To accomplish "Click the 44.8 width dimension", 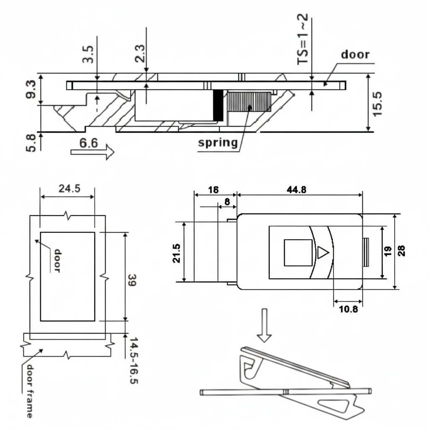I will click(x=297, y=189).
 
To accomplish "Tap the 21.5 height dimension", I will click(x=177, y=253).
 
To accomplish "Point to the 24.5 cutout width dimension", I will click(x=69, y=189).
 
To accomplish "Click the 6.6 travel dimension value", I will click(x=88, y=143).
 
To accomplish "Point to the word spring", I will click(x=218, y=142).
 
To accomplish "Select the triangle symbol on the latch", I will click(x=322, y=253).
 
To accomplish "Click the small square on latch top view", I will click(x=298, y=253).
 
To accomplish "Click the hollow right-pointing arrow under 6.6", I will click(x=93, y=152).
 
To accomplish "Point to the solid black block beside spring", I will click(x=218, y=106).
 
